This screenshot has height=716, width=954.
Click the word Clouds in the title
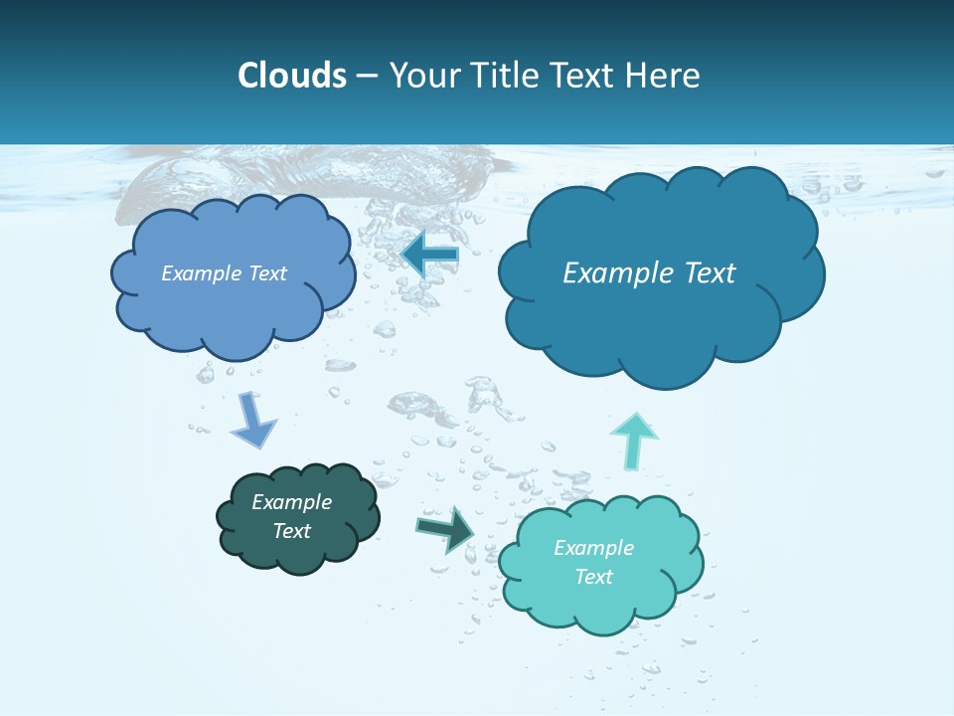tap(292, 76)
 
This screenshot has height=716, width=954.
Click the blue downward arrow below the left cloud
tap(252, 420)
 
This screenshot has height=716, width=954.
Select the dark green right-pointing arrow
tap(446, 529)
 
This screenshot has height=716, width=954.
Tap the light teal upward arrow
tap(634, 439)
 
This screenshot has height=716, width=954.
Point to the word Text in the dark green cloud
tap(292, 531)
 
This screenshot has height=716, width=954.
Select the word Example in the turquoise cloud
tap(593, 548)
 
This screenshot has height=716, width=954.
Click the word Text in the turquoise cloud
tap(593, 577)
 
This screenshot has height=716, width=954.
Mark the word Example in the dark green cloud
tap(292, 502)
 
